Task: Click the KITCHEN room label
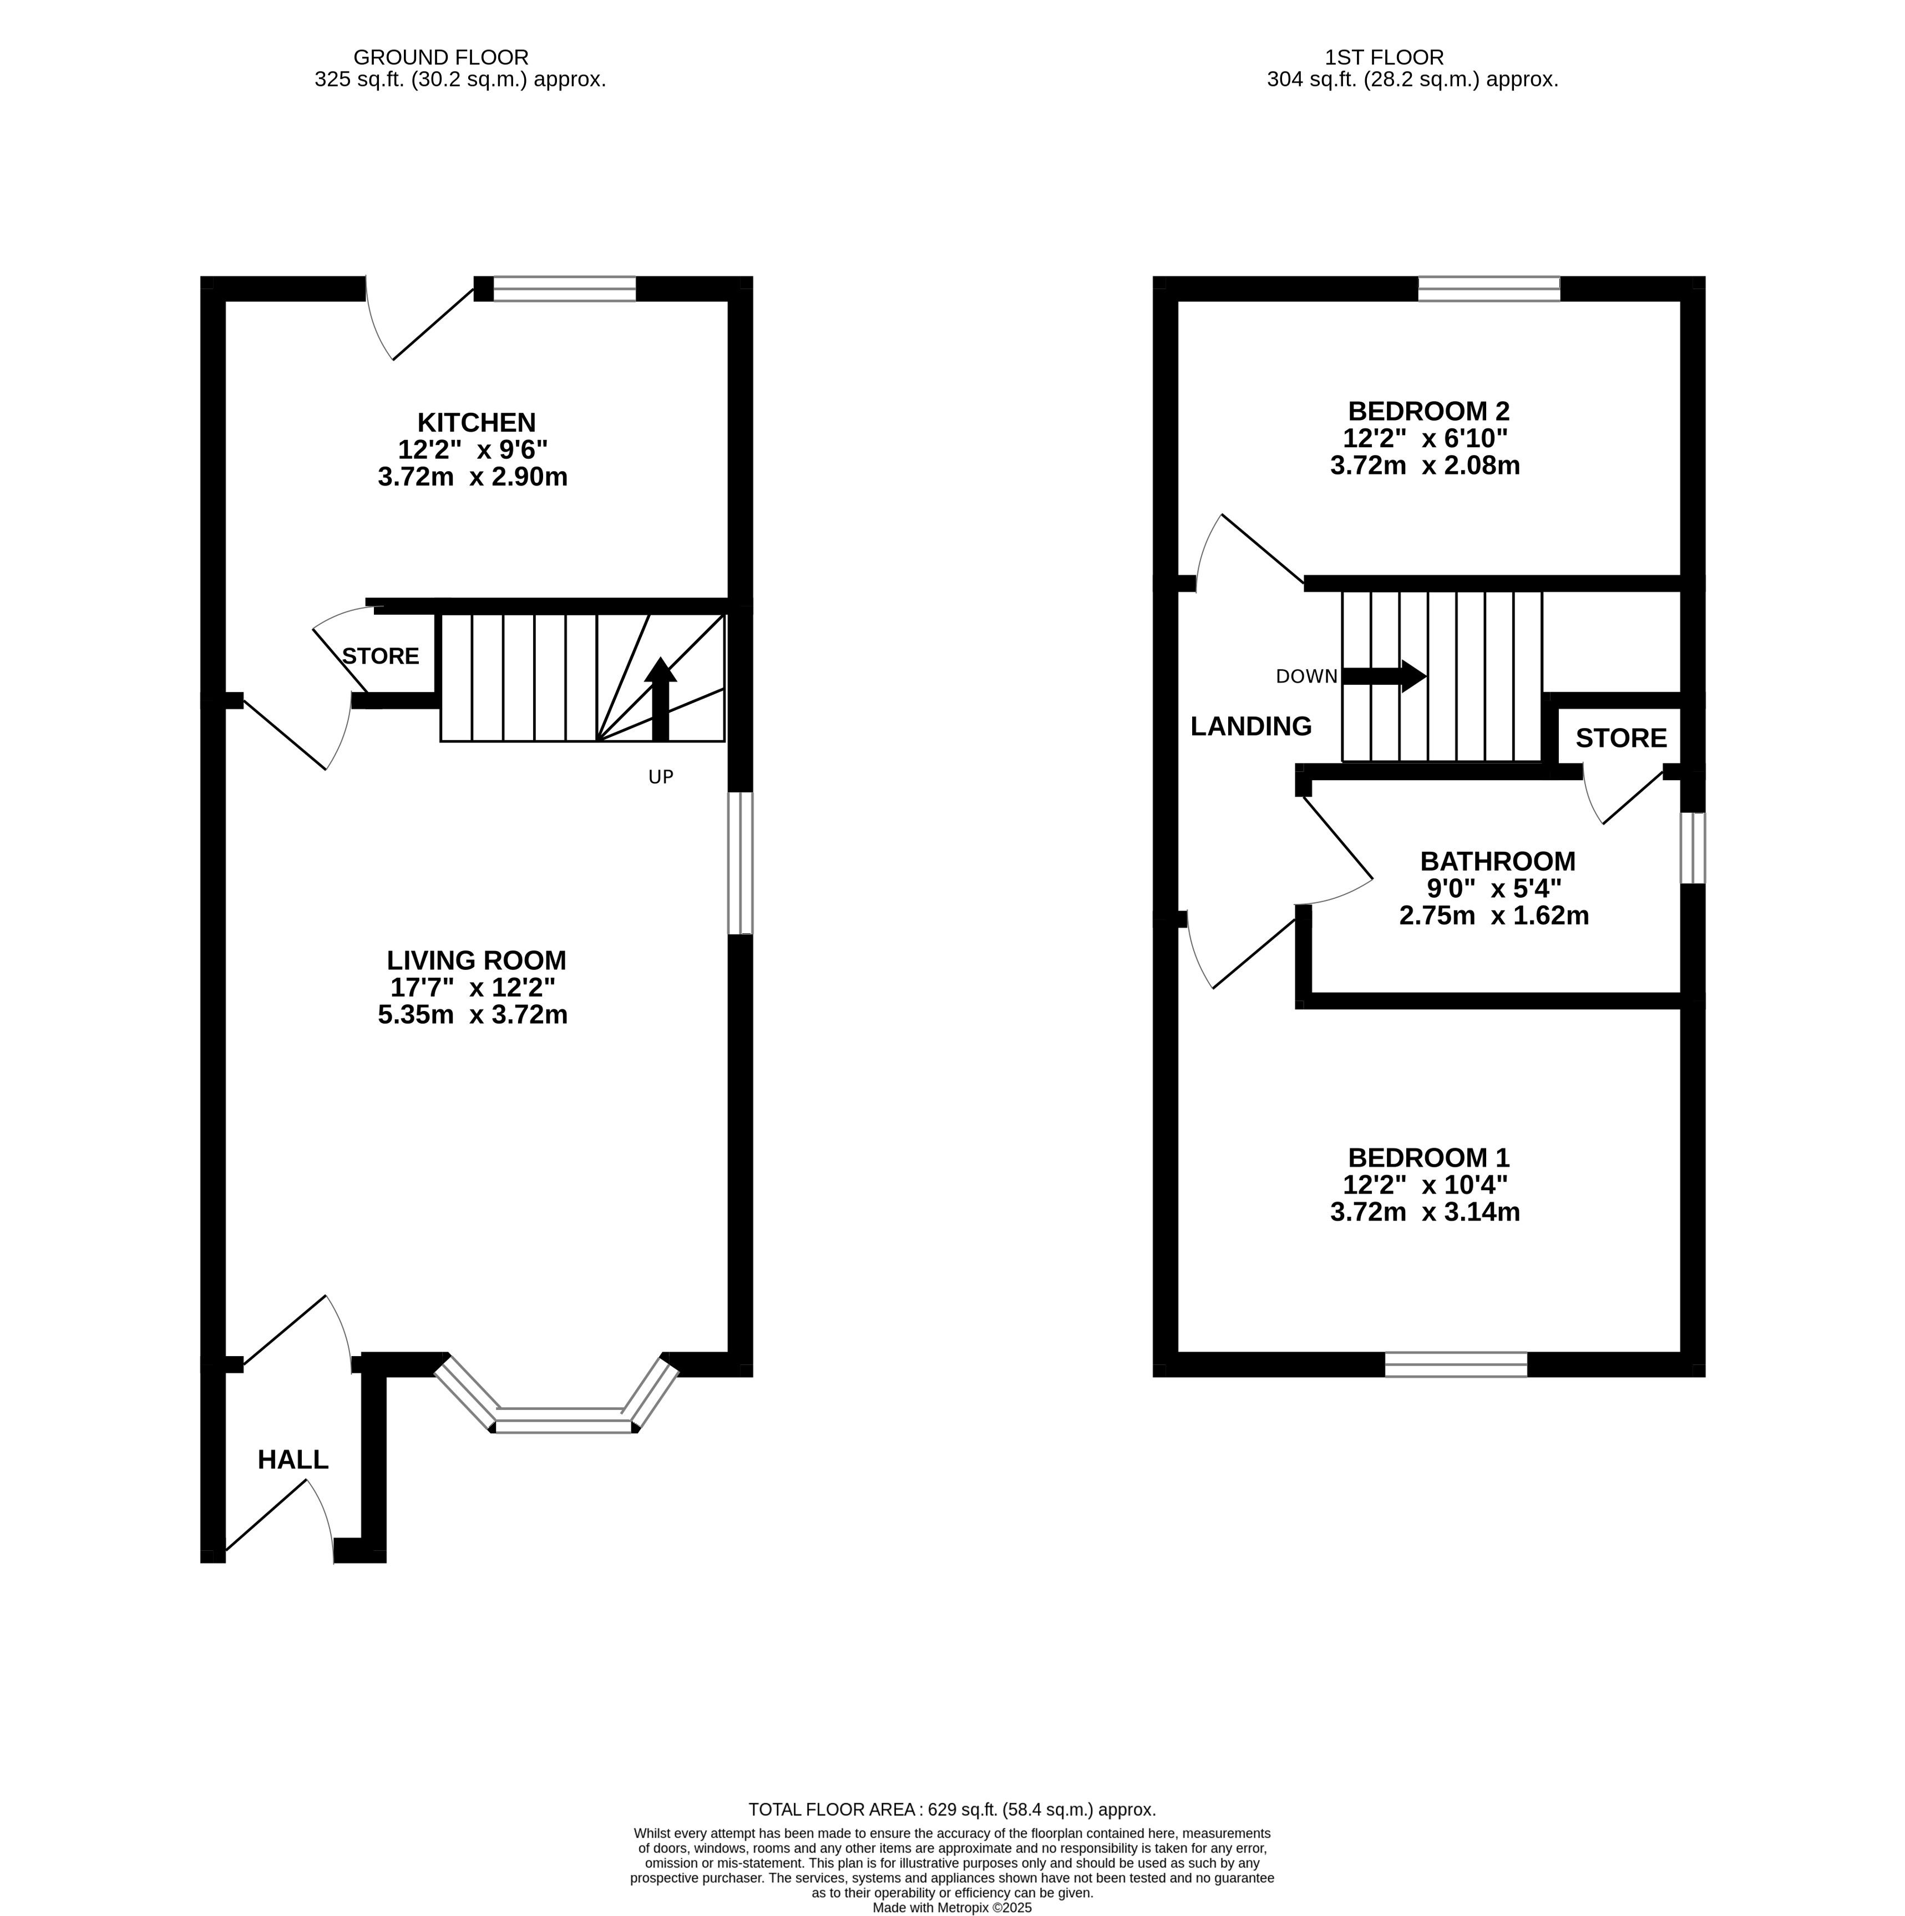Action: point(476,422)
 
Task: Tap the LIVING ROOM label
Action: point(476,960)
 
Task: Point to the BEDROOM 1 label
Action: point(1428,1157)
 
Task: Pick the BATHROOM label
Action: point(1497,861)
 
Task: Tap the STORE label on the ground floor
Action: point(381,655)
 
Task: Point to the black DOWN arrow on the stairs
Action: point(1384,676)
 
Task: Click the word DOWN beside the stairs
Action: point(1306,676)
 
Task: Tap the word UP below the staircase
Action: point(661,776)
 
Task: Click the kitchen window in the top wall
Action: point(564,289)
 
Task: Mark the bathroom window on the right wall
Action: point(1693,848)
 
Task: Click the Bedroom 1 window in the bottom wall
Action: point(1456,1364)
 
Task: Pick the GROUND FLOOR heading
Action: point(440,58)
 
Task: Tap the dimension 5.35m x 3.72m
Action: point(472,1014)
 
